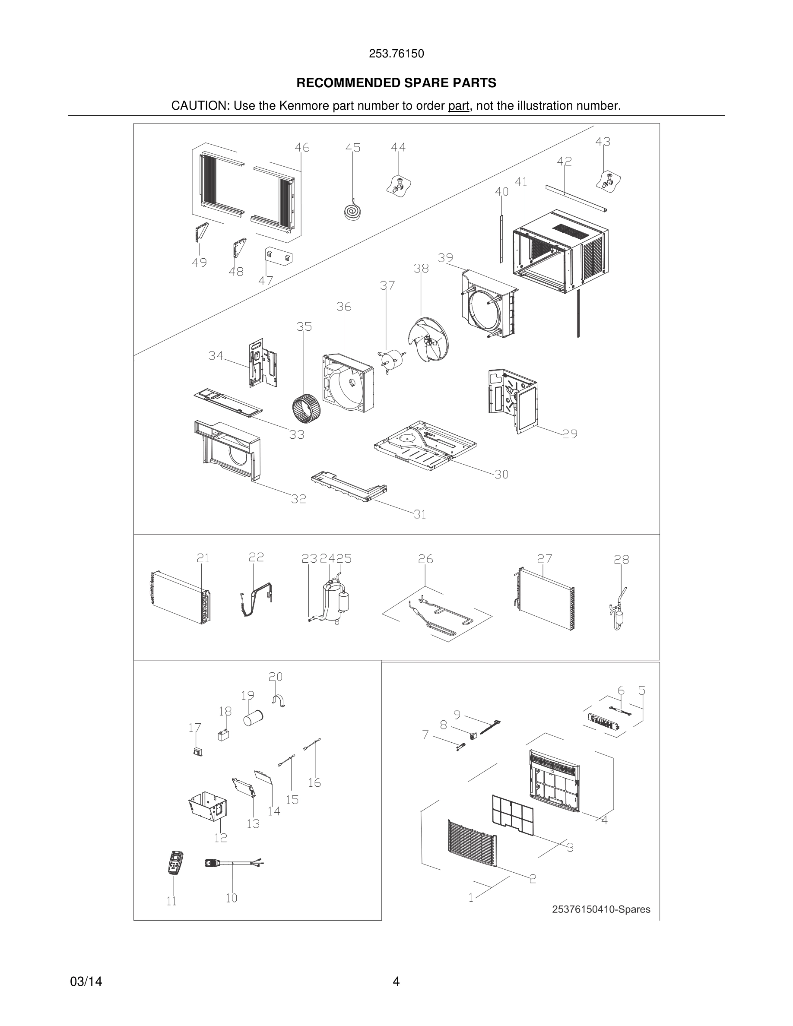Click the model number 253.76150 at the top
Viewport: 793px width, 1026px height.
tap(396, 54)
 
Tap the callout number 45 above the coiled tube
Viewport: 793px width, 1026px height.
tap(353, 148)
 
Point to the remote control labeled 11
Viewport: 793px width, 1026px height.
tap(175, 862)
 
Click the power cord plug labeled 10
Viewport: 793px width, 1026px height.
tap(214, 863)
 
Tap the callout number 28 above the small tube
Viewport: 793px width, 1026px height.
tap(621, 560)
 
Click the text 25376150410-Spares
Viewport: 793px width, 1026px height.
tap(601, 909)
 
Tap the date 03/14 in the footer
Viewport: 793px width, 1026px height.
tap(86, 982)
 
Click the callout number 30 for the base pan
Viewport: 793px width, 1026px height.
tap(501, 475)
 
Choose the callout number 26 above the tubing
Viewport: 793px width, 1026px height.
tap(425, 559)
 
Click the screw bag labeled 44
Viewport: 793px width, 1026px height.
tap(398, 186)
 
